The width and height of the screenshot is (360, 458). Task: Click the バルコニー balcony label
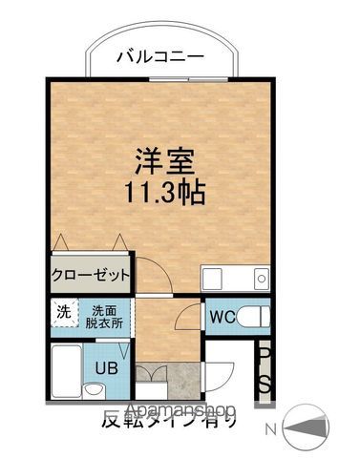click(x=159, y=56)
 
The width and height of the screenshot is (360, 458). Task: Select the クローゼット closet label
click(x=90, y=275)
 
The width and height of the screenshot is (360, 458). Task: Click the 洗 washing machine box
click(x=63, y=312)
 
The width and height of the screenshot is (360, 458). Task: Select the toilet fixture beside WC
click(x=253, y=315)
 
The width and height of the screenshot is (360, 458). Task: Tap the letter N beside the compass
click(x=275, y=430)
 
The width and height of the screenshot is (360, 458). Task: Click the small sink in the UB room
click(x=94, y=390)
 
